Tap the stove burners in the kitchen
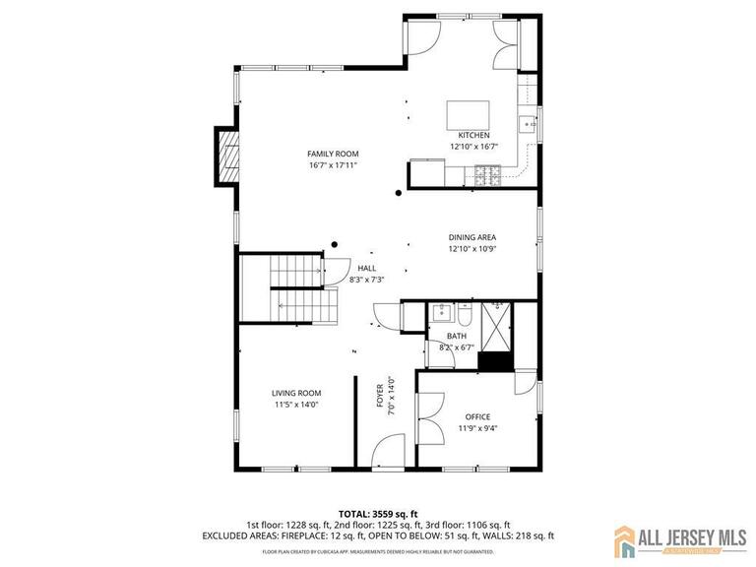click(x=486, y=176)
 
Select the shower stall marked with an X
click(x=497, y=326)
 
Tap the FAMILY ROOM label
click(x=332, y=154)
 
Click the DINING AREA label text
click(x=472, y=238)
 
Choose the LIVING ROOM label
click(x=296, y=393)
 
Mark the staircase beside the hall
click(x=300, y=287)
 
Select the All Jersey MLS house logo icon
click(x=626, y=539)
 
